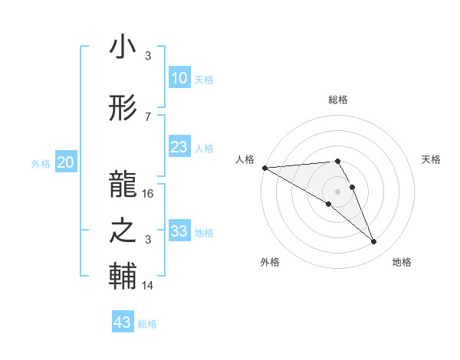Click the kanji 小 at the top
pyautogui.click(x=123, y=47)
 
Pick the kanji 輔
pyautogui.click(x=123, y=277)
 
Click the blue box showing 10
pyautogui.click(x=179, y=78)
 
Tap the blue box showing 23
pyautogui.click(x=179, y=147)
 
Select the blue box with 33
pyautogui.click(x=179, y=231)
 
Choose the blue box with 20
pyautogui.click(x=66, y=162)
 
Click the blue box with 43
pyautogui.click(x=123, y=322)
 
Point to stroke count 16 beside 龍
pyautogui.click(x=149, y=194)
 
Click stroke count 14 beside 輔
pyautogui.click(x=148, y=286)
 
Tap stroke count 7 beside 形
pyautogui.click(x=148, y=116)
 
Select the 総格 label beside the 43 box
pyautogui.click(x=147, y=324)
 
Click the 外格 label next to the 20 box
pyautogui.click(x=41, y=163)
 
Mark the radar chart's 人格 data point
pyautogui.click(x=264, y=168)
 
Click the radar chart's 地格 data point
pyautogui.click(x=374, y=242)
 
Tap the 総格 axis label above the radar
pyautogui.click(x=337, y=100)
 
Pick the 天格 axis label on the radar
pyautogui.click(x=432, y=159)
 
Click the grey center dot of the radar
pyautogui.click(x=337, y=191)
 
